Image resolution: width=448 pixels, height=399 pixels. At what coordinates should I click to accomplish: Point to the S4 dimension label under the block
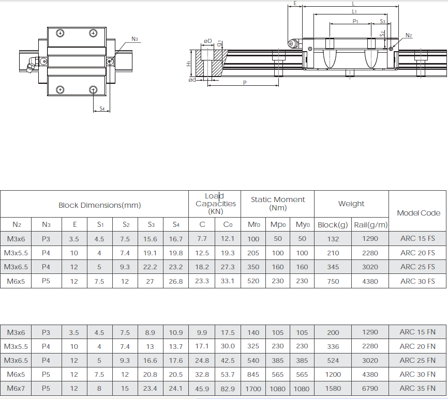[x=102, y=109]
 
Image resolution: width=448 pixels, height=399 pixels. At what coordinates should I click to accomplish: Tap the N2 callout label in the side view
[x=408, y=36]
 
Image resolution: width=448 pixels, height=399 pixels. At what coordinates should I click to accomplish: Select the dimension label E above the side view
[x=295, y=4]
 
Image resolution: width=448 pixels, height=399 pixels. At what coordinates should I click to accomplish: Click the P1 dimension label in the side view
[x=355, y=21]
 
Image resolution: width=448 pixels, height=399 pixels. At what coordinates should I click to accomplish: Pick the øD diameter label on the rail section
[x=207, y=41]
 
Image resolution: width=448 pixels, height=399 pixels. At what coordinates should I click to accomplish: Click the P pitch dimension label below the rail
[x=244, y=83]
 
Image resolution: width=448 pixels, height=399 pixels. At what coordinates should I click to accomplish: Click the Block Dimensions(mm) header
[x=99, y=205]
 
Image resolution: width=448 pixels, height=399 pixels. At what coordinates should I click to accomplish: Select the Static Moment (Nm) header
[x=278, y=203]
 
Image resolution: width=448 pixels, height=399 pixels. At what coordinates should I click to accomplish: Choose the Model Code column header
[x=418, y=213]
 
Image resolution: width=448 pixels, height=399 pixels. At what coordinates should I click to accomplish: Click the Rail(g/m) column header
[x=370, y=225]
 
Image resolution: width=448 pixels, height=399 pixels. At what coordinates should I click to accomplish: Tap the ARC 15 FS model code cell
[x=417, y=239]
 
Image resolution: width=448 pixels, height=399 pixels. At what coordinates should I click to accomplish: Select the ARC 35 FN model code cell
[x=417, y=389]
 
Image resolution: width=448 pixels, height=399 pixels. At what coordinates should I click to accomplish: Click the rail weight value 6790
[x=370, y=389]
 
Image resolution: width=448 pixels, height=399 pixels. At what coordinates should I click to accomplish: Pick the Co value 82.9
[x=228, y=389]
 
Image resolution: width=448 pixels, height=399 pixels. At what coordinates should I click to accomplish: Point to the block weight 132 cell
[x=333, y=239]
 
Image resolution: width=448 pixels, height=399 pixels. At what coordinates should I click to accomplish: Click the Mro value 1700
[x=253, y=389]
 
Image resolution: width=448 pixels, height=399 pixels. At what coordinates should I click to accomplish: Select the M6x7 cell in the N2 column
[x=17, y=389]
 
